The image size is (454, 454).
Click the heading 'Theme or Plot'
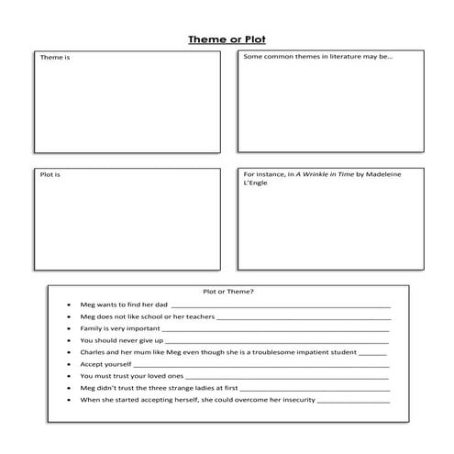tap(227, 39)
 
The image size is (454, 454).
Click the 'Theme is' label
tap(53, 57)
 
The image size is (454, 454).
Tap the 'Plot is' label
tap(50, 173)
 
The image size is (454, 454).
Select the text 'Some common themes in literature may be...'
tap(317, 57)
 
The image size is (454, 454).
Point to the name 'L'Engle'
tap(258, 183)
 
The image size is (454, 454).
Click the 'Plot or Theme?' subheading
tap(228, 292)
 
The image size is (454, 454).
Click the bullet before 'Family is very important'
tap(69, 327)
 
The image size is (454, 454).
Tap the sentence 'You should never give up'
tap(120, 339)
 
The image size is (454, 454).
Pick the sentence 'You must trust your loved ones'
tap(132, 375)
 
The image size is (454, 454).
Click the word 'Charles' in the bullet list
tap(94, 351)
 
